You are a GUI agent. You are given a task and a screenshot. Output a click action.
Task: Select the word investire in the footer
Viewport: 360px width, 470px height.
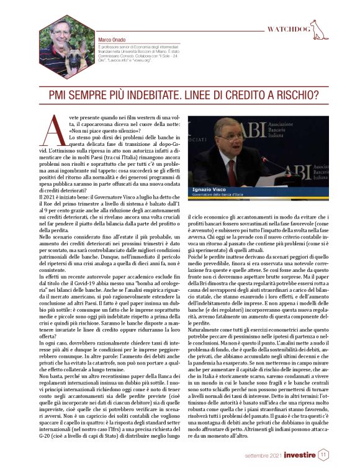[300, 456]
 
